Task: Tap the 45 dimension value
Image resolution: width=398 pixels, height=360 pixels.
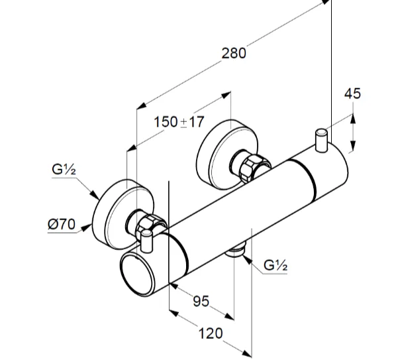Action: pyautogui.click(x=353, y=93)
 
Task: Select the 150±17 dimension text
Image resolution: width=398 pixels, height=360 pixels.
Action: pyautogui.click(x=178, y=122)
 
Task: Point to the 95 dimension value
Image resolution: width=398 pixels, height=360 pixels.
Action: pyautogui.click(x=201, y=302)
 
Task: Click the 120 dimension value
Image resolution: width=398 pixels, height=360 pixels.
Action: pyautogui.click(x=211, y=333)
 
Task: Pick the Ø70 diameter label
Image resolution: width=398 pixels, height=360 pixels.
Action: pyautogui.click(x=60, y=224)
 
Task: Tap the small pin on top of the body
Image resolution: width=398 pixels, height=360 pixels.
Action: pyautogui.click(x=321, y=140)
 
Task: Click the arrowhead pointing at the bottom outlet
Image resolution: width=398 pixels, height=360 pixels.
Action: pyautogui.click(x=246, y=259)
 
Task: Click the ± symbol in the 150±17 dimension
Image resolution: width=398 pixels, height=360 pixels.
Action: pyautogui.click(x=183, y=122)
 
